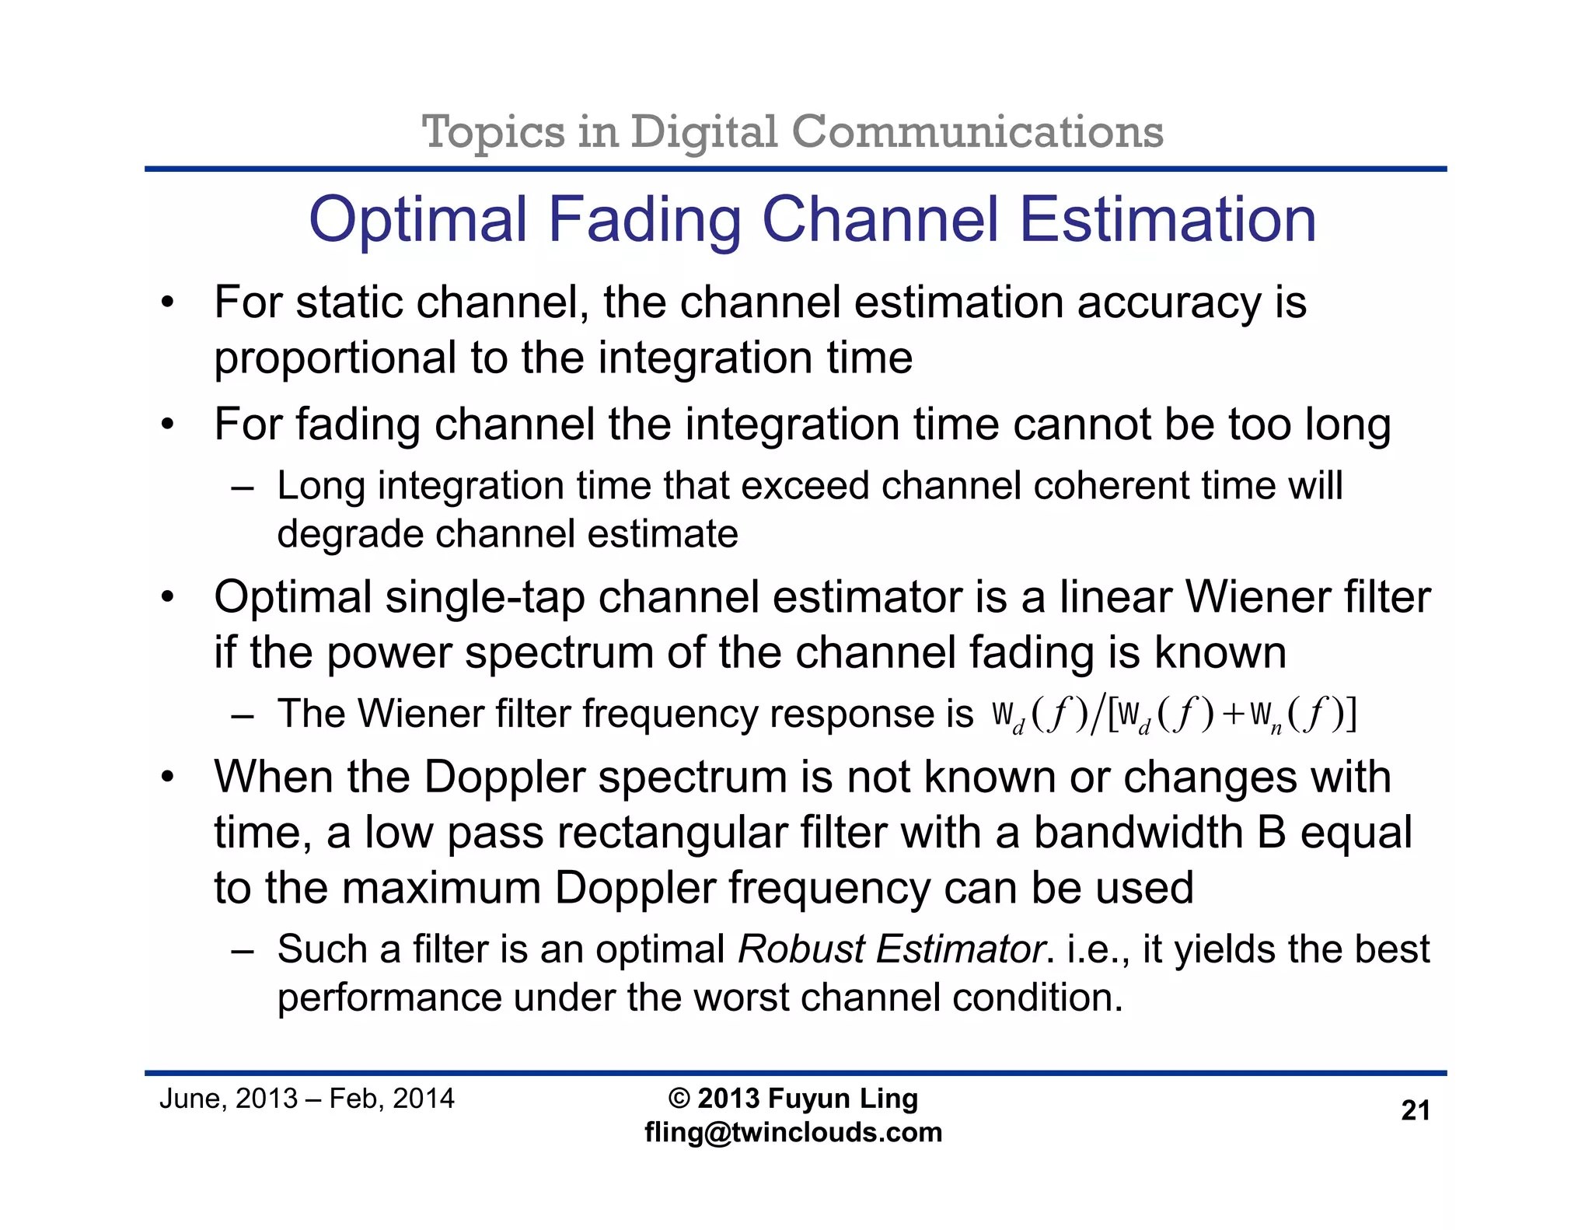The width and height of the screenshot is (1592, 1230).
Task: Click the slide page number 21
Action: click(1415, 1110)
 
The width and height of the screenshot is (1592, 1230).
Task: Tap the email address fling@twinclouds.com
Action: click(793, 1132)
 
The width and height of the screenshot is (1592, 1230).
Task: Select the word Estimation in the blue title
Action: click(1168, 220)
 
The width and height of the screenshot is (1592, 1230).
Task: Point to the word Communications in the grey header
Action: click(977, 131)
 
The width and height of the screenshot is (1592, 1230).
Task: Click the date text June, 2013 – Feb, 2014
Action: click(306, 1099)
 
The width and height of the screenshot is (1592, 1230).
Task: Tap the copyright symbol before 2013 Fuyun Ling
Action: click(679, 1099)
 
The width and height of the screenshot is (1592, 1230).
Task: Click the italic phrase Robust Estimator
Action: click(891, 949)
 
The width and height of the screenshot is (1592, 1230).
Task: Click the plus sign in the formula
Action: click(1233, 714)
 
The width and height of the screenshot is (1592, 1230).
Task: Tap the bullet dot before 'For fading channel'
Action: click(168, 425)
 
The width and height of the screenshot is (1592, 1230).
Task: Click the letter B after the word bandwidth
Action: click(1272, 832)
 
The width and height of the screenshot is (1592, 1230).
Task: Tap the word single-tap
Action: click(484, 598)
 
